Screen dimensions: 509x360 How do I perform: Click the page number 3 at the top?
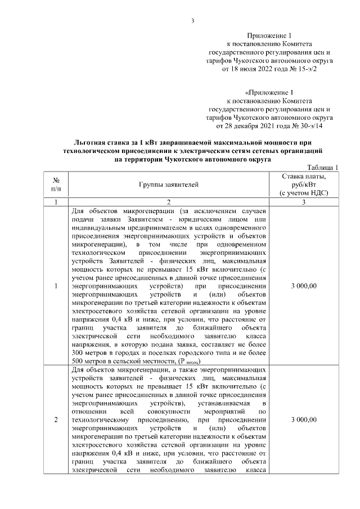coord(192,21)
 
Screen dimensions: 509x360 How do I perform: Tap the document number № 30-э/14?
coord(306,127)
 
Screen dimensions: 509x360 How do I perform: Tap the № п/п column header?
coord(56,184)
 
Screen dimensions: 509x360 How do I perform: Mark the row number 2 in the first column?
coord(56,420)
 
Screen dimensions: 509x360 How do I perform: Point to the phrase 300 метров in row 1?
coord(89,352)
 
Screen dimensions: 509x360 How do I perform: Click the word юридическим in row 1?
coord(199,218)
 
